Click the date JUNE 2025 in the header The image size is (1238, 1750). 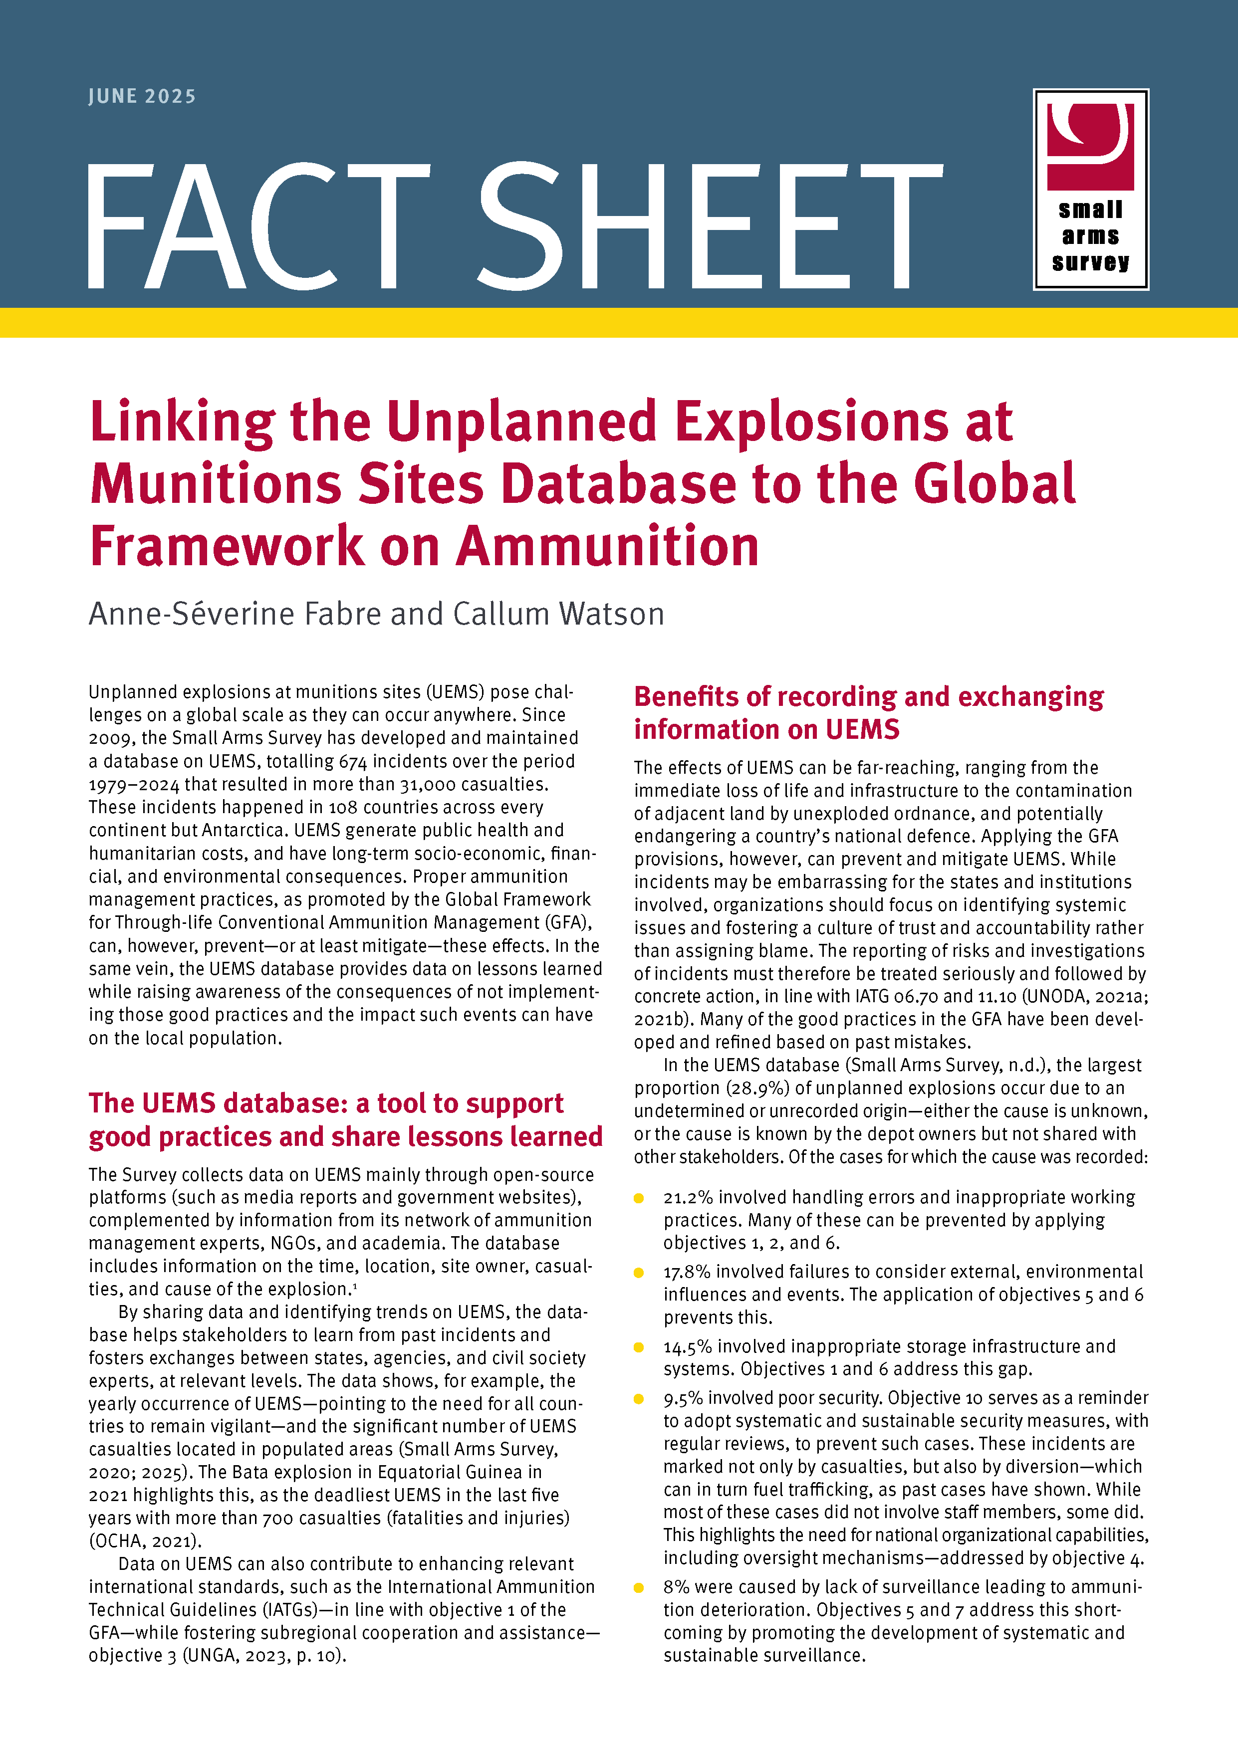click(x=142, y=97)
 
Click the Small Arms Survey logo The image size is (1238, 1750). click(x=1090, y=189)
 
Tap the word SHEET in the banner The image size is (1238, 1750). click(x=709, y=226)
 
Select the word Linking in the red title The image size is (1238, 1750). click(x=182, y=422)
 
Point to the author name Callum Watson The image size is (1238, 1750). click(x=558, y=614)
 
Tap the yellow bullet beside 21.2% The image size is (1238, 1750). click(x=639, y=1198)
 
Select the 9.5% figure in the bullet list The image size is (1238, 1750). click(x=683, y=1398)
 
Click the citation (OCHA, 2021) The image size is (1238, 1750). click(x=145, y=1540)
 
